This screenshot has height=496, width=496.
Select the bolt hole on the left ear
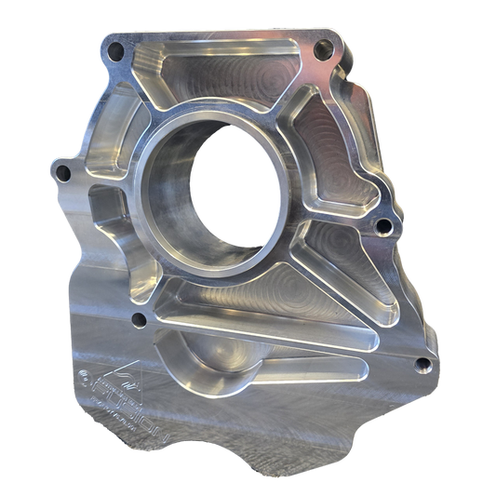tap(63, 172)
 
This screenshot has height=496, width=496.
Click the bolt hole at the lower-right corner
tap(423, 365)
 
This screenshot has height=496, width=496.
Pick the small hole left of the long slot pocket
tap(140, 321)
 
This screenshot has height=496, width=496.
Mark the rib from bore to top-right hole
tap(288, 102)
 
